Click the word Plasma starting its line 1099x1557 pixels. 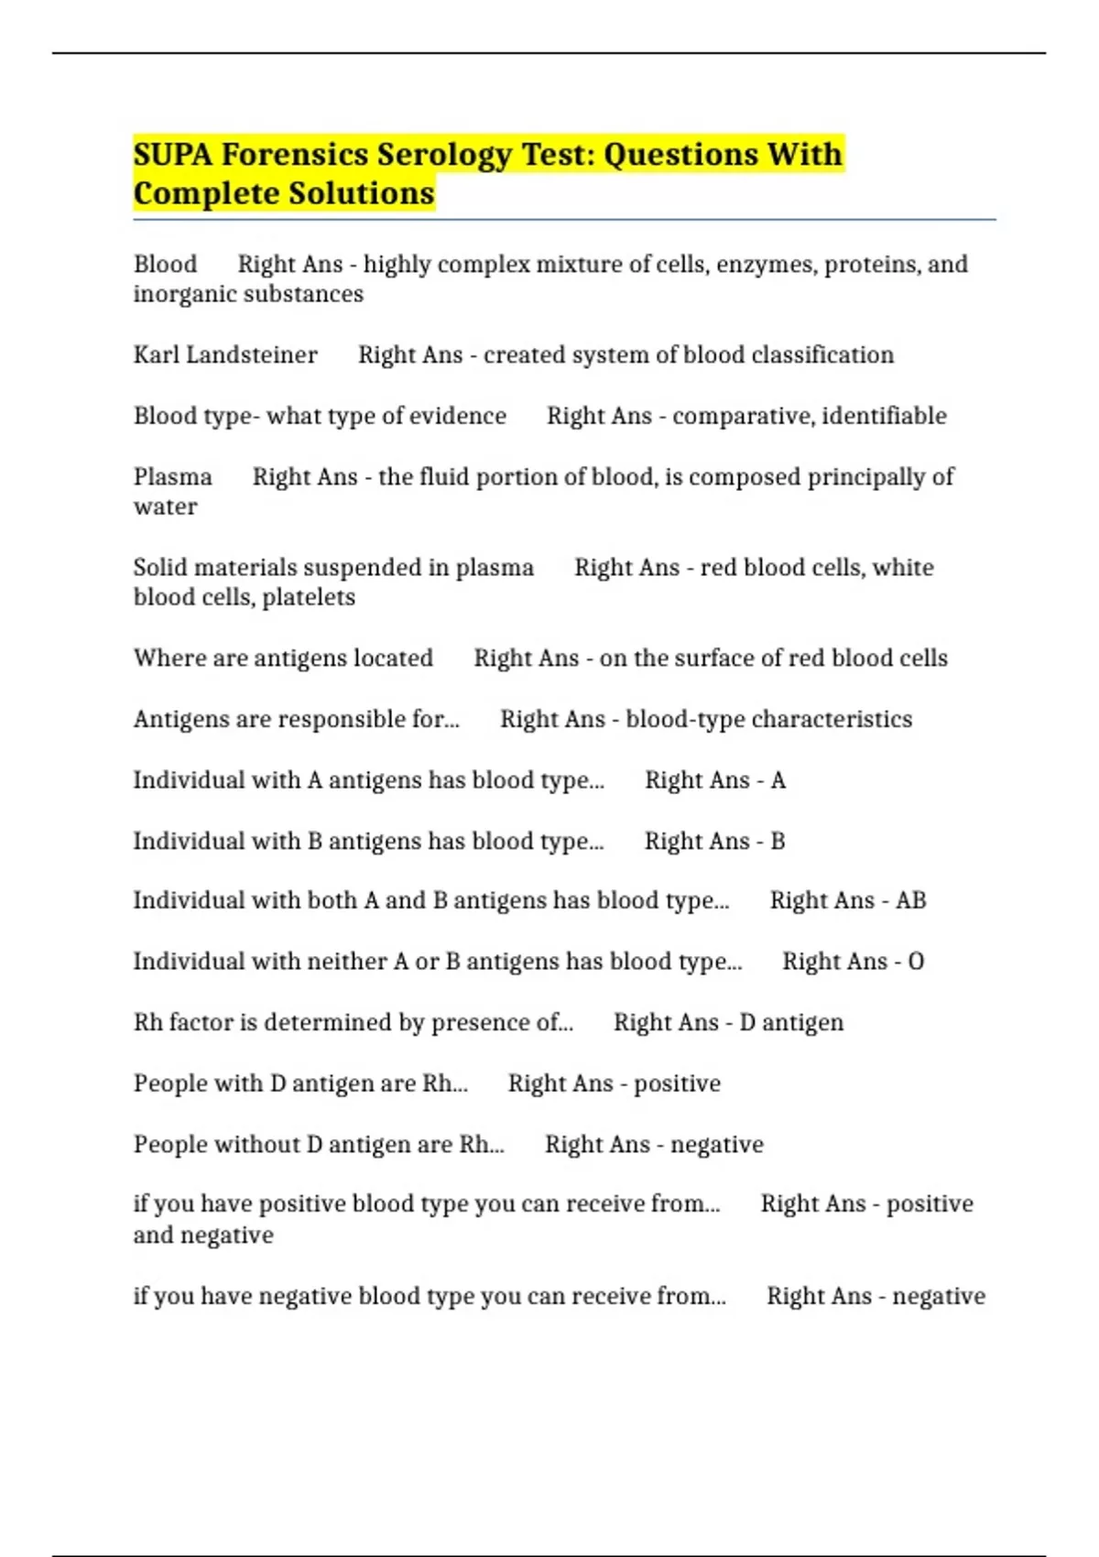[172, 477]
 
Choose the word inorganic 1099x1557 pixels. [177, 295]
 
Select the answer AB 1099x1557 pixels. [910, 901]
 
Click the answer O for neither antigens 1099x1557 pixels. [915, 962]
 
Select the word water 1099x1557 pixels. [165, 507]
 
